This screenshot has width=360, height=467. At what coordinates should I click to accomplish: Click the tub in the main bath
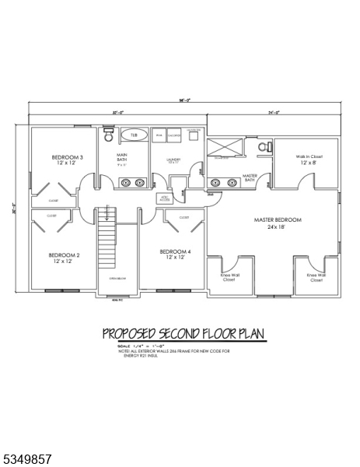[x=135, y=135]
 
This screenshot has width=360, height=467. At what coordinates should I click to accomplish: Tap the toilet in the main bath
[x=108, y=137]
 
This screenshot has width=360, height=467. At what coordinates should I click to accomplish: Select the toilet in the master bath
[x=264, y=146]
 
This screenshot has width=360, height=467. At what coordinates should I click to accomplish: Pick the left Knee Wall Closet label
[x=229, y=277]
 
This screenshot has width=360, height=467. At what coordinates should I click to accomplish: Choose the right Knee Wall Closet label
[x=316, y=277]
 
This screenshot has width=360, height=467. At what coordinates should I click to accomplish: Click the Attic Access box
[x=165, y=198]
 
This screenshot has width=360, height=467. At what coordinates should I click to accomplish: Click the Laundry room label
[x=173, y=160]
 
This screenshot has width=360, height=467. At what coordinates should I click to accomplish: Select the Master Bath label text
[x=250, y=178]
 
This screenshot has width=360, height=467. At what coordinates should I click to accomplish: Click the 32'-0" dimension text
[x=117, y=112]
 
